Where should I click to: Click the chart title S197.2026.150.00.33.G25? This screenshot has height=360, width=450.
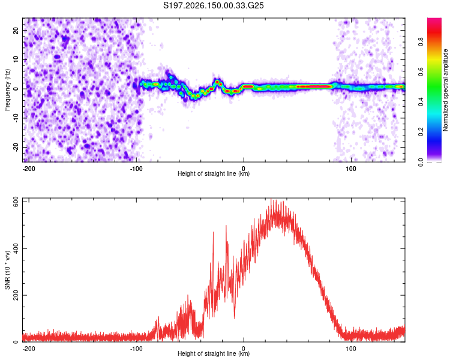213,5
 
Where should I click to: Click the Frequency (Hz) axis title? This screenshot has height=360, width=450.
7,90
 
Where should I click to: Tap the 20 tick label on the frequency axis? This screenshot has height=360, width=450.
16,31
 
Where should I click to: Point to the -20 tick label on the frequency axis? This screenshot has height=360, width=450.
16,148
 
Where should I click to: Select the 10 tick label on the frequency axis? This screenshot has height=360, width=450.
16,59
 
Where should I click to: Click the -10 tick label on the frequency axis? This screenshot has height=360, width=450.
16,118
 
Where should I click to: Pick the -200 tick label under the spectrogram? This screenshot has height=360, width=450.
29,169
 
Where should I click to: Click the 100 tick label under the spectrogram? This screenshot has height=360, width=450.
351,169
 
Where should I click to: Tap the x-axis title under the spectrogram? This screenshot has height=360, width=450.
214,173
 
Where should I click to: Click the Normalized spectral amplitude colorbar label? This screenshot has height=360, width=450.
445,90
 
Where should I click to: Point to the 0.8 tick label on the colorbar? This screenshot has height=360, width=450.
421,42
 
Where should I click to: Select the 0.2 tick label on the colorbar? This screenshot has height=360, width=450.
421,131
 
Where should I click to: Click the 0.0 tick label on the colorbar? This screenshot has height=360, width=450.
421,163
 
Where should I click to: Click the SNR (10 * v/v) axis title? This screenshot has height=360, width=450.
7,270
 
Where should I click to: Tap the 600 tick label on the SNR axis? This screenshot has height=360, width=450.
16,202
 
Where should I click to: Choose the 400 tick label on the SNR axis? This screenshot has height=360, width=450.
16,248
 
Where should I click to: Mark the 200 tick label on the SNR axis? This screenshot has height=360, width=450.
16,295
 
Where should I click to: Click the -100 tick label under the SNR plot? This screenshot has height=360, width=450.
136,349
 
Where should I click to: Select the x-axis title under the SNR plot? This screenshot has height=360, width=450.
214,353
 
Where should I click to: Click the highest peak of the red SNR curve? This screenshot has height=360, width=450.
271,199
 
